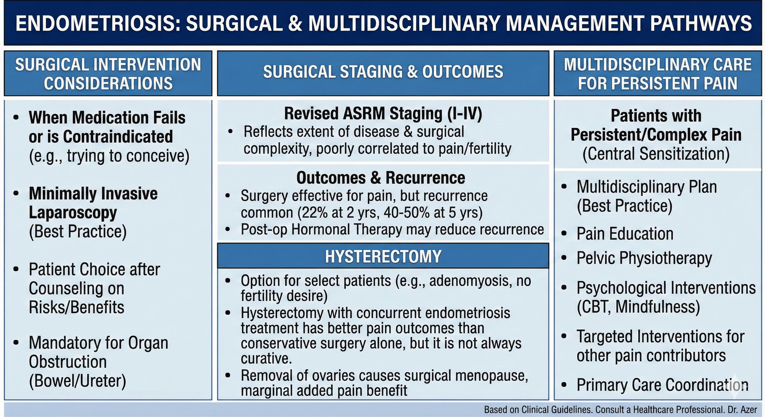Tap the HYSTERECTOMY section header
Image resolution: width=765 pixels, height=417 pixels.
[383, 256]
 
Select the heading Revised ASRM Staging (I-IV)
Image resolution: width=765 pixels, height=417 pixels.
[383, 113]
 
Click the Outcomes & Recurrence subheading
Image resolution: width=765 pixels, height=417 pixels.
[381, 178]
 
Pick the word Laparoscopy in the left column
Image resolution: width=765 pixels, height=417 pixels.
[73, 212]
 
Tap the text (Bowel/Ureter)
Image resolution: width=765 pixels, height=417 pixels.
[77, 381]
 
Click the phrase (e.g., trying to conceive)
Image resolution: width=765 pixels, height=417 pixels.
[109, 156]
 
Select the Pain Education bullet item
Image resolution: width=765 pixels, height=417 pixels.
[625, 234]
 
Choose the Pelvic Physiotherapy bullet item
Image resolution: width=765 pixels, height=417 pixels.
[644, 258]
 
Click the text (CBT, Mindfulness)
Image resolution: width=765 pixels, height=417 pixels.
[638, 307]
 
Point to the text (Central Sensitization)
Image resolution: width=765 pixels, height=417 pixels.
[656, 154]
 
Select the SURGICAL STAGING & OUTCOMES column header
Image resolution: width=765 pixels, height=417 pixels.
[383, 72]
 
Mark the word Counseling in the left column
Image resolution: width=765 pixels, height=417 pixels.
[76, 288]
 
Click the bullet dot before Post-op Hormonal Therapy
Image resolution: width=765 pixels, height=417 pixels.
[227, 230]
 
